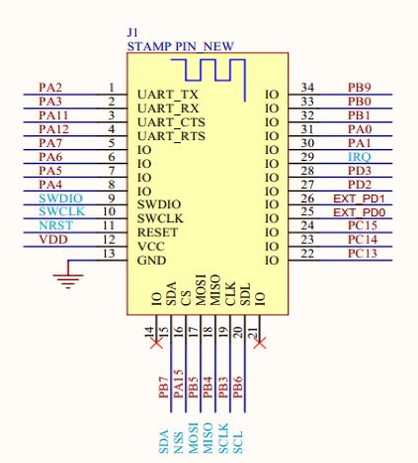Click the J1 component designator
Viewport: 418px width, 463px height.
(x=132, y=33)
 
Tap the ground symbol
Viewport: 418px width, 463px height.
(x=68, y=274)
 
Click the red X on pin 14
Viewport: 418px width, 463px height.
(x=156, y=344)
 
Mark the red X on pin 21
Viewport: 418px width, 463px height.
(x=260, y=344)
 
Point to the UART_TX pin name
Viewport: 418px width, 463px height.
(x=168, y=95)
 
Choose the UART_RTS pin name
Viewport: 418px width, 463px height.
(x=171, y=136)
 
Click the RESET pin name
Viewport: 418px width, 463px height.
(x=157, y=233)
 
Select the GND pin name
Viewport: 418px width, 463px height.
(x=151, y=261)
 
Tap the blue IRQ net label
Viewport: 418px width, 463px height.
(x=360, y=157)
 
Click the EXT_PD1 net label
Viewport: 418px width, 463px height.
(x=359, y=198)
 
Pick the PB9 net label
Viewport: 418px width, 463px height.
(x=360, y=88)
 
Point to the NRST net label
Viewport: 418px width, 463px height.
(x=56, y=226)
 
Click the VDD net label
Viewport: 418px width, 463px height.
(x=53, y=240)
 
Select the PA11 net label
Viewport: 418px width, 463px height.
(x=53, y=116)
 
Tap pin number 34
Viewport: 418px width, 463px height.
(x=307, y=88)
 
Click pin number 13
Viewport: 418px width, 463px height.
(x=109, y=254)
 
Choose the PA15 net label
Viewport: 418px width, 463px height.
(x=178, y=384)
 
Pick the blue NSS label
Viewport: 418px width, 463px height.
(x=178, y=442)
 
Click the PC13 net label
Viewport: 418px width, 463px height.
(x=363, y=254)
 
